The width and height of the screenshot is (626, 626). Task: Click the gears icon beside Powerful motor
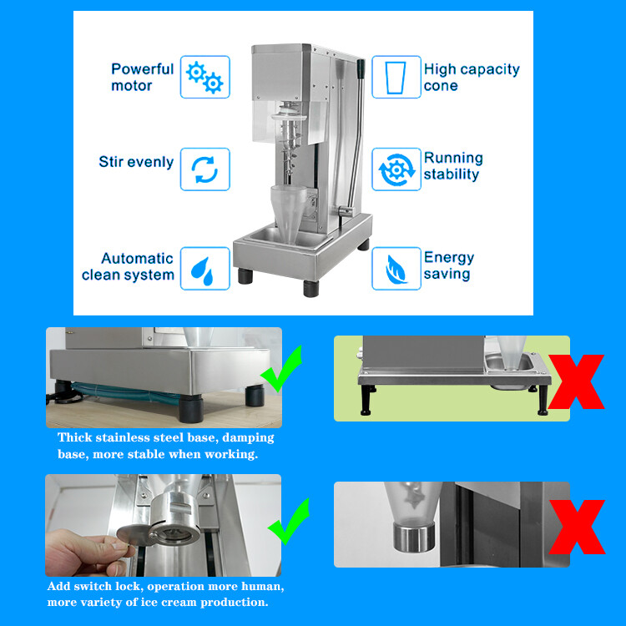[204, 77]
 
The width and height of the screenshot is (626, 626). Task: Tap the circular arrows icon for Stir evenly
[204, 169]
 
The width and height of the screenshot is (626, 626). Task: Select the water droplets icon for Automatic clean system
[204, 268]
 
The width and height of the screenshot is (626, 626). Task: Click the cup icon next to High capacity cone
[396, 77]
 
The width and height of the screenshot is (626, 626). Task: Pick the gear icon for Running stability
[396, 169]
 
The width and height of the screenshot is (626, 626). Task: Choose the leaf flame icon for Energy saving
[396, 268]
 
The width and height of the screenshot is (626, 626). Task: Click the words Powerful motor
[142, 77]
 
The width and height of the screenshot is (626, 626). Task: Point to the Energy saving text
[448, 265]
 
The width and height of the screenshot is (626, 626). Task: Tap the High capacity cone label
[471, 77]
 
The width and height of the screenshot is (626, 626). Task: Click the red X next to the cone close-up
[575, 526]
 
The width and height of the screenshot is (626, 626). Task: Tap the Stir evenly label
[136, 161]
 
